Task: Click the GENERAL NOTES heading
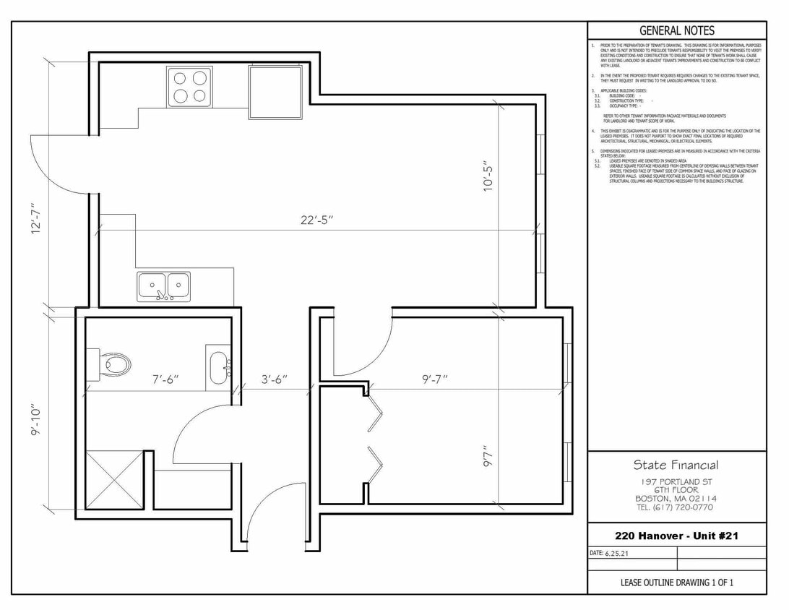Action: coord(676,30)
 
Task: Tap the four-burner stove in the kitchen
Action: coord(189,86)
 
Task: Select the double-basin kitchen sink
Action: coord(164,287)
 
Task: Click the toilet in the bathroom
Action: coord(110,363)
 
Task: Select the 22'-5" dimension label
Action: coord(316,220)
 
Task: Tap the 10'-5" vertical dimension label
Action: coord(490,176)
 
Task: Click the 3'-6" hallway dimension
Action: coord(275,379)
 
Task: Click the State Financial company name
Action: coord(676,465)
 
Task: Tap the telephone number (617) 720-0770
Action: coord(676,507)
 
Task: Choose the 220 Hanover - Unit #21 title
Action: coord(676,536)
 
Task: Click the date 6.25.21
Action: coord(616,553)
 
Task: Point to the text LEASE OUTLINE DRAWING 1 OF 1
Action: coord(676,583)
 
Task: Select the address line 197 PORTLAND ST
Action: coord(676,481)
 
